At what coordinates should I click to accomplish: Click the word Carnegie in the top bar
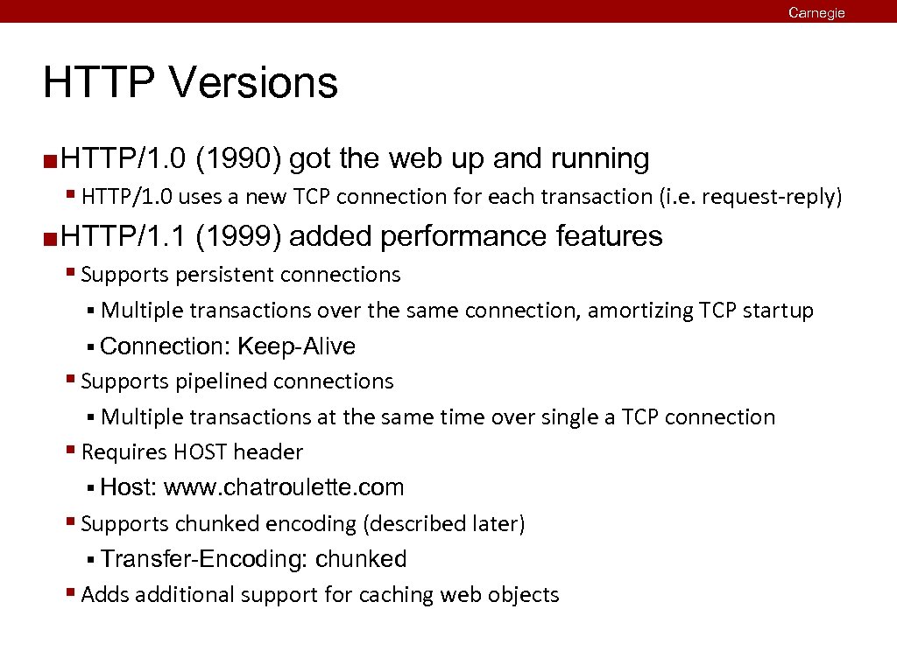[x=816, y=12]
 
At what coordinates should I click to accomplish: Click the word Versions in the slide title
[x=254, y=83]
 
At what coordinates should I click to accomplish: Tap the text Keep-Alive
[x=296, y=346]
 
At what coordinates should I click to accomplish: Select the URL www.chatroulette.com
[x=284, y=487]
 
